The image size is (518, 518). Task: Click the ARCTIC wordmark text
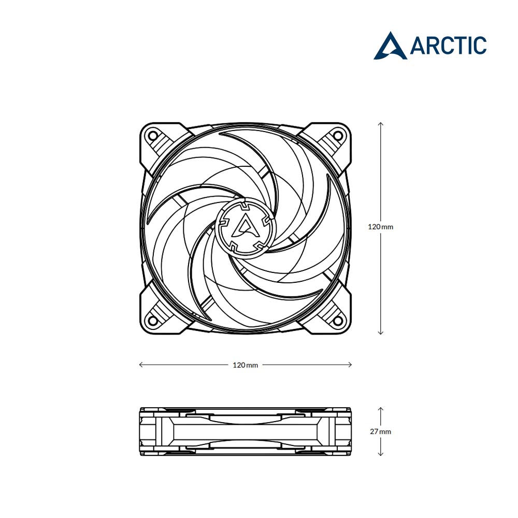click(x=448, y=45)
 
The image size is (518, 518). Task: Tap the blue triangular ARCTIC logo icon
click(x=390, y=46)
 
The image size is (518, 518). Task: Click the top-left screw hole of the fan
click(x=153, y=135)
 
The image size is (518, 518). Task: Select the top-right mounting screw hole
click(x=337, y=135)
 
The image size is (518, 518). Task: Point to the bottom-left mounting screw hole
click(x=153, y=320)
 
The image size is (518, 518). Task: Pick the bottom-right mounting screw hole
click(x=337, y=320)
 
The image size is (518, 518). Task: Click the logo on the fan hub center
click(x=245, y=226)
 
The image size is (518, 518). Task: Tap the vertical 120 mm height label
click(x=381, y=227)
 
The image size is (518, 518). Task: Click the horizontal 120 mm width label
click(x=245, y=365)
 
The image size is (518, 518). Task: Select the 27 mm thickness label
click(x=381, y=431)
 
